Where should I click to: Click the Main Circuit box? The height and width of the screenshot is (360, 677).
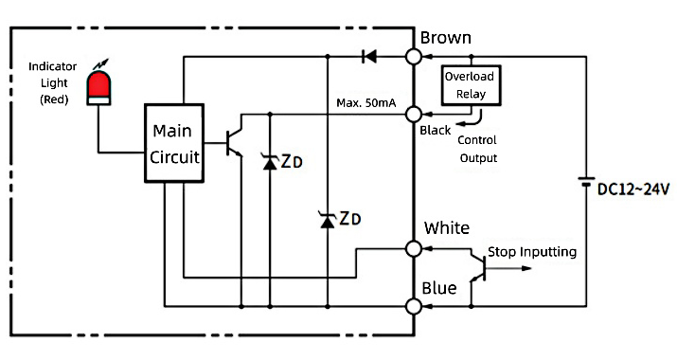point(173,144)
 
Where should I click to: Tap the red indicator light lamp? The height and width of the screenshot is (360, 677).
point(98,83)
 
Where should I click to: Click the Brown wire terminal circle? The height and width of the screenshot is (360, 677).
point(414,57)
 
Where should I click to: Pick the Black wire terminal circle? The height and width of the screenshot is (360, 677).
point(414,114)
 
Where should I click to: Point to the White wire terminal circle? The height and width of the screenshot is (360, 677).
point(414,248)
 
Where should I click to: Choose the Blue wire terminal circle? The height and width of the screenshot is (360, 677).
point(414,306)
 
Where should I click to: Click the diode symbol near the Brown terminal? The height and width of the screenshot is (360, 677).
point(369,57)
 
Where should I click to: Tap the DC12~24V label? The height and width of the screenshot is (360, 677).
point(632,189)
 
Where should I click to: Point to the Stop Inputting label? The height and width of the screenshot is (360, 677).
point(531,252)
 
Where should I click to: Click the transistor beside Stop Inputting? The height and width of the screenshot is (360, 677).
point(479,269)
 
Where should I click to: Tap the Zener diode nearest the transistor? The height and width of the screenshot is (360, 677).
point(270,162)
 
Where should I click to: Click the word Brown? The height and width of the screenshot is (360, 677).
point(445,38)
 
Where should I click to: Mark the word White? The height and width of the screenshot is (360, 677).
point(447,228)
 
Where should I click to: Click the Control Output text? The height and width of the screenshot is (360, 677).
point(478,150)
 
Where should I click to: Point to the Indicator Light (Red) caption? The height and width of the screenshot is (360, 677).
point(52,82)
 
